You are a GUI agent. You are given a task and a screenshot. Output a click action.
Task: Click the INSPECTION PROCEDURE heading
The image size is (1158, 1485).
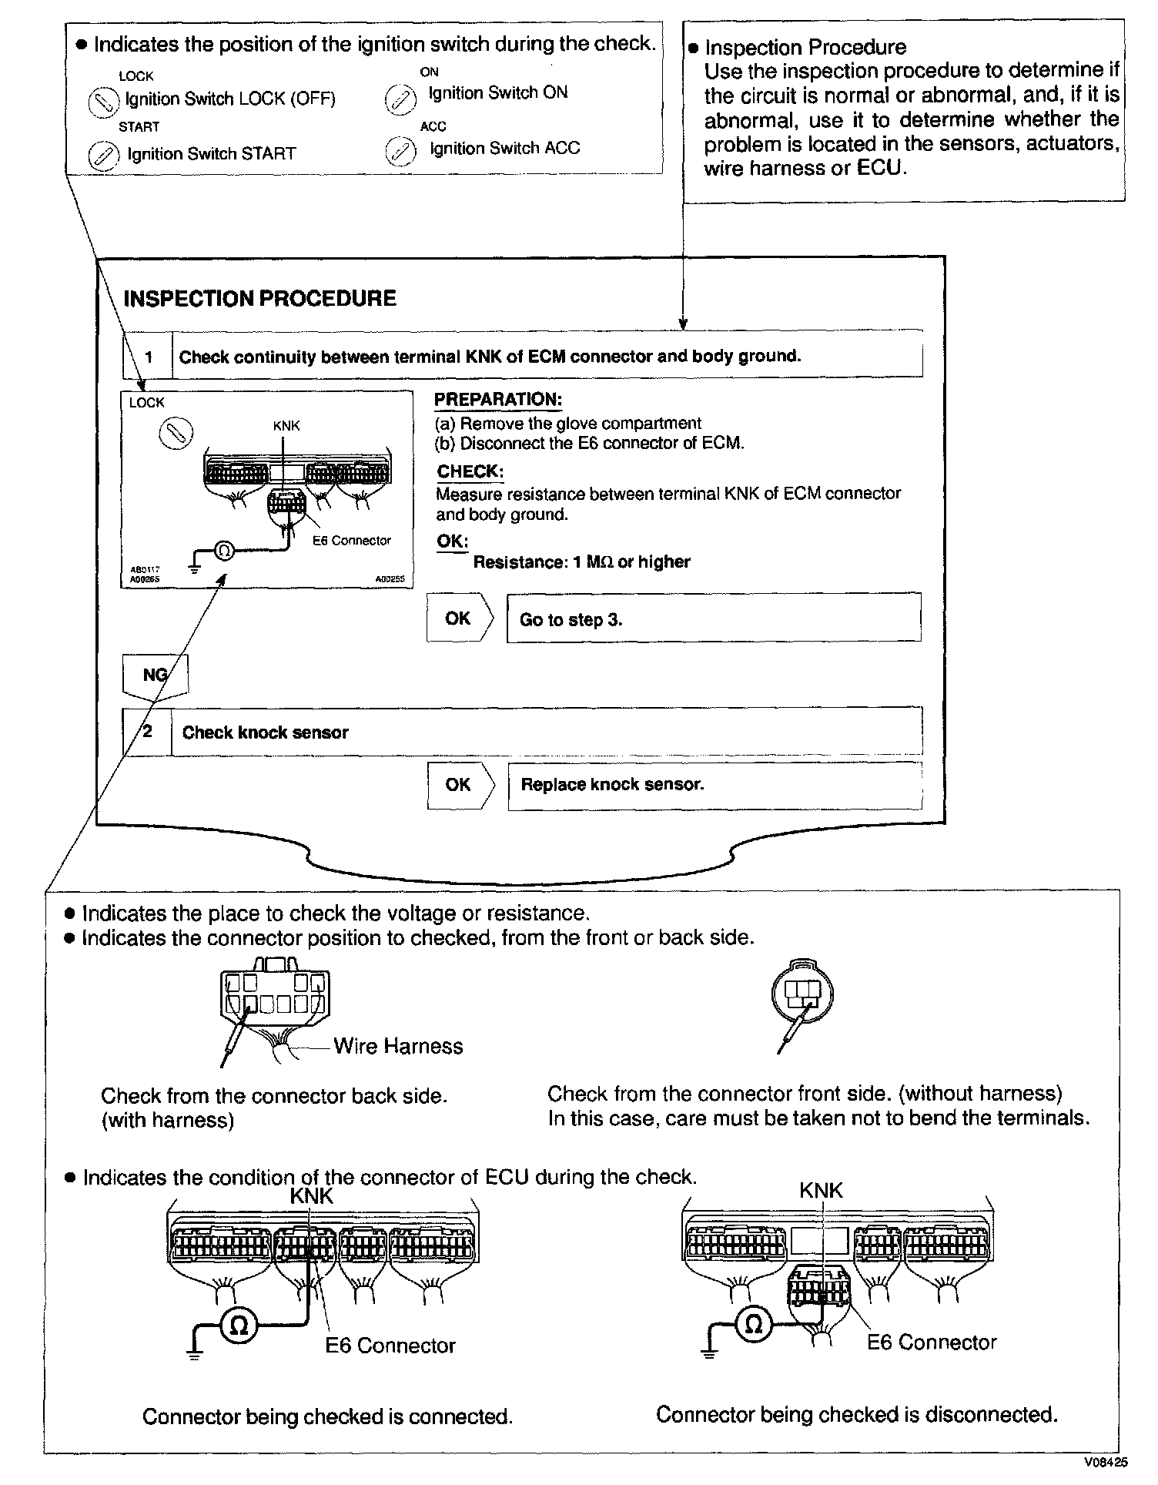259,299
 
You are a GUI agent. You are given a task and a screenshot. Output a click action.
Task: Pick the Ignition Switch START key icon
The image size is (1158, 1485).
102,155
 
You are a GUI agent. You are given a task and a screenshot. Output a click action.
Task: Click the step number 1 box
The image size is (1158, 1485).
148,357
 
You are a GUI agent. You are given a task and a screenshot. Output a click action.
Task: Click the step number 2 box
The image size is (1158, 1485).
148,731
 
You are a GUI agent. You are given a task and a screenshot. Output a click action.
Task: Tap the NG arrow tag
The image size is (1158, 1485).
155,675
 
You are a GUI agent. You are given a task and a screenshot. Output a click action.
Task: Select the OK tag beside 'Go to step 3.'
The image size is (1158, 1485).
458,618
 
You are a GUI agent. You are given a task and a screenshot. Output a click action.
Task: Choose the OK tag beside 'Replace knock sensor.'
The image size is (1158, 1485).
458,784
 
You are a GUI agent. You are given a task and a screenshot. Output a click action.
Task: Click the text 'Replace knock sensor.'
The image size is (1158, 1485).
612,785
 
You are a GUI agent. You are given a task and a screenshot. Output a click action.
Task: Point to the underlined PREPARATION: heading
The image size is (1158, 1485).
498,400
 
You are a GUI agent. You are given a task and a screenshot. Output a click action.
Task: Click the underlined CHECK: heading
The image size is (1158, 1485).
470,471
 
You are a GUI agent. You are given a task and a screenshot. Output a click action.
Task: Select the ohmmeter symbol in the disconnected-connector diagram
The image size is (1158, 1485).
755,1324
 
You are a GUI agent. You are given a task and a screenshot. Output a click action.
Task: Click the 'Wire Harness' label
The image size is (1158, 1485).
398,1046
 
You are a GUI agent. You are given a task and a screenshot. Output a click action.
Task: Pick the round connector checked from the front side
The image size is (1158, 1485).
802,994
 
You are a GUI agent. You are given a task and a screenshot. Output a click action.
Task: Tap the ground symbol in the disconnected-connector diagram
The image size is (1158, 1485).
709,1352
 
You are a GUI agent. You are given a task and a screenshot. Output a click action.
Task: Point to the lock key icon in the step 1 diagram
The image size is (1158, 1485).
176,434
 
